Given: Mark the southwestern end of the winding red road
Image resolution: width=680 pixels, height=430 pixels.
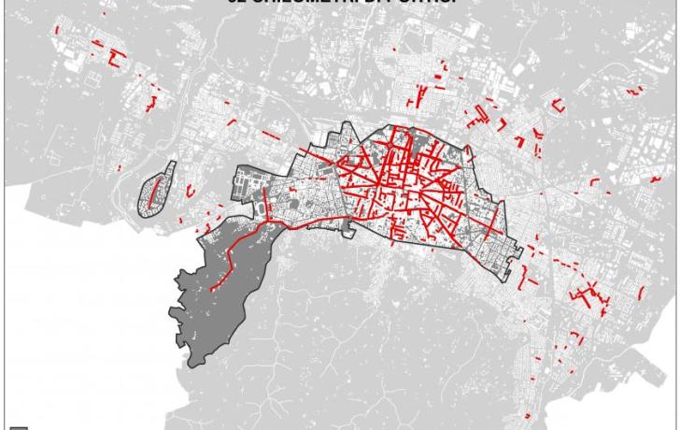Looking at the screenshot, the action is click(x=214, y=289).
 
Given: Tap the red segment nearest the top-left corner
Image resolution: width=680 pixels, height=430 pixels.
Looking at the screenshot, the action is click(x=59, y=35).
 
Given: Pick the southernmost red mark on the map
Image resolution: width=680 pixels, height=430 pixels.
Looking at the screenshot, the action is click(x=530, y=414).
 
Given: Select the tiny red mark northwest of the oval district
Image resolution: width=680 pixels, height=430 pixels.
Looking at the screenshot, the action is click(x=119, y=168).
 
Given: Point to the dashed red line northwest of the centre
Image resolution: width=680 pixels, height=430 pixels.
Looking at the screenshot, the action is click(x=271, y=136).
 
